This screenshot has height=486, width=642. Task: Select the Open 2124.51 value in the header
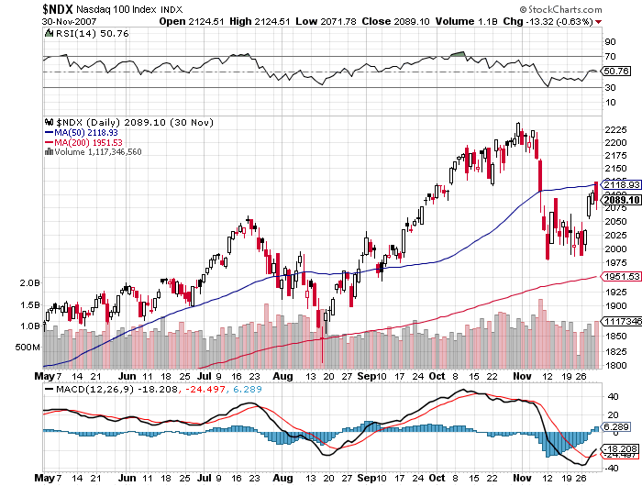pyautogui.click(x=191, y=19)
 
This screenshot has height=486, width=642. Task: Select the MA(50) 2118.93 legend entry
pyautogui.click(x=88, y=131)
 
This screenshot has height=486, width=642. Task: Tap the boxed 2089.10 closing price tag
pyautogui.click(x=617, y=200)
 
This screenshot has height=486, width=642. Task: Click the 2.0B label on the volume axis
pyautogui.click(x=29, y=283)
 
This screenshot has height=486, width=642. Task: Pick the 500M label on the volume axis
pyautogui.click(x=28, y=348)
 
